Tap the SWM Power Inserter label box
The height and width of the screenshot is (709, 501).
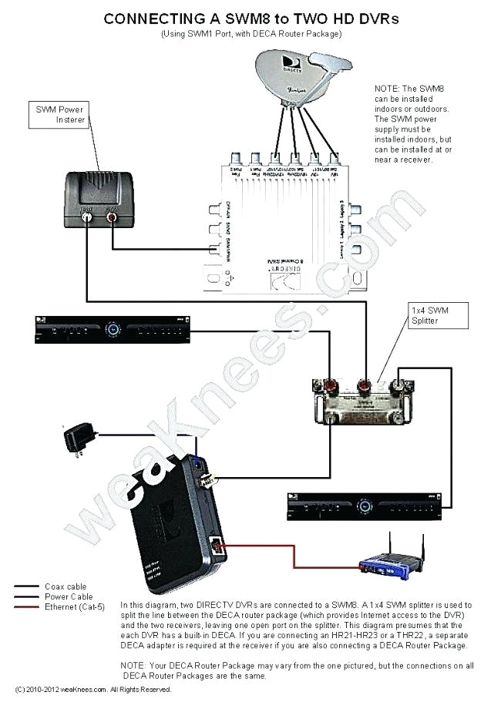point(59,116)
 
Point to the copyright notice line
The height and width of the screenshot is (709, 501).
point(92,689)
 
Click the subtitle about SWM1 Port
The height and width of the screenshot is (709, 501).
point(251,35)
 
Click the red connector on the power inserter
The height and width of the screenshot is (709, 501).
point(112,217)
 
